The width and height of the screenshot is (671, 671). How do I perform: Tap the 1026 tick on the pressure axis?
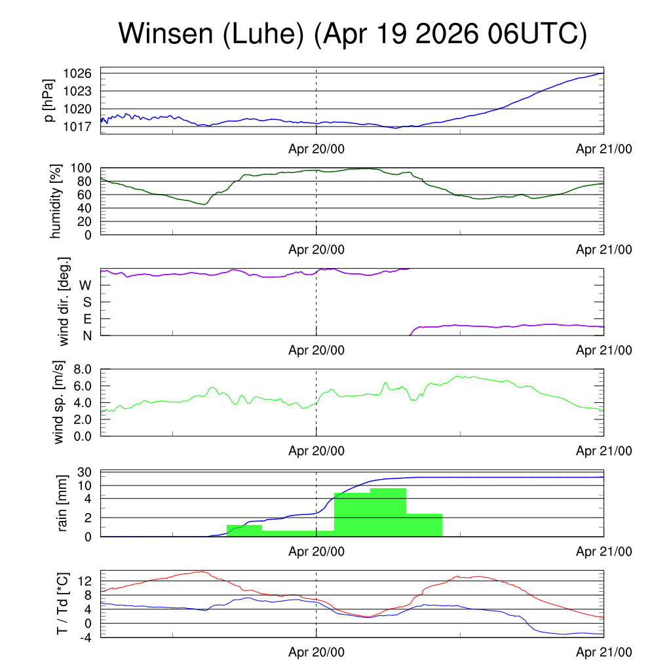pyautogui.click(x=77, y=73)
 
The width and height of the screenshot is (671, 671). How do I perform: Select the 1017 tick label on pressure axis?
pyautogui.click(x=77, y=126)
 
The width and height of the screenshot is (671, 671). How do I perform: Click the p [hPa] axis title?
pyautogui.click(x=49, y=100)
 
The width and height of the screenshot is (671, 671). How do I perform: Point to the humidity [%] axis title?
pyautogui.click(x=56, y=201)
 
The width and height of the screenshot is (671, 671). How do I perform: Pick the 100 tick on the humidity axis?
pyautogui.click(x=81, y=168)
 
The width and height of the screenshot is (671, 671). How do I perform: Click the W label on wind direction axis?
pyautogui.click(x=86, y=286)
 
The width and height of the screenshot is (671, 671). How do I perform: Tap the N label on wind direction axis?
pyautogui.click(x=87, y=336)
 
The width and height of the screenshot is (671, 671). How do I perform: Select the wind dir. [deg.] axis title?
pyautogui.click(x=64, y=301)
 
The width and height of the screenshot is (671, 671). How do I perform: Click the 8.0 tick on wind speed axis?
pyautogui.click(x=83, y=370)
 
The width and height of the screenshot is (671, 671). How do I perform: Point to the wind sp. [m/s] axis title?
pyautogui.click(x=58, y=402)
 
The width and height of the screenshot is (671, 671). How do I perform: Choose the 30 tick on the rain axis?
pyautogui.click(x=85, y=472)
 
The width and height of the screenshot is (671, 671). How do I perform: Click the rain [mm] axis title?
pyautogui.click(x=62, y=503)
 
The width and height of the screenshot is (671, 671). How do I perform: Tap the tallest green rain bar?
pyautogui.click(x=388, y=512)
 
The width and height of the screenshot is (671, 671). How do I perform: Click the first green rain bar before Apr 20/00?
pyautogui.click(x=244, y=531)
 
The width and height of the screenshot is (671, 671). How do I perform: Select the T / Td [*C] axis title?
pyautogui.click(x=62, y=604)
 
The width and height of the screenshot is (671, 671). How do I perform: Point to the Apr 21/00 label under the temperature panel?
pyautogui.click(x=604, y=652)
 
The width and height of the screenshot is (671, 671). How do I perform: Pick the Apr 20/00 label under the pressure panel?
pyautogui.click(x=316, y=149)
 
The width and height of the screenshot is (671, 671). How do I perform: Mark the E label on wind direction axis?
pyautogui.click(x=88, y=319)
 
